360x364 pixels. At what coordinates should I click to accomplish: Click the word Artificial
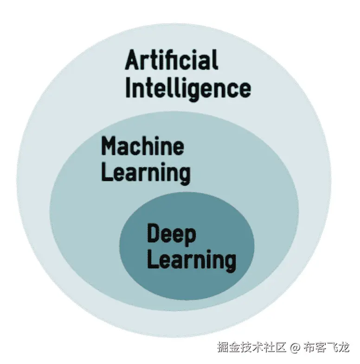(x=171, y=61)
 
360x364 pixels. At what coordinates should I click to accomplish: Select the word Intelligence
(x=188, y=88)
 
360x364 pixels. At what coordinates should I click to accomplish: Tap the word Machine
(x=142, y=147)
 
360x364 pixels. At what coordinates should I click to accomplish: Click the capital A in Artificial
(x=133, y=61)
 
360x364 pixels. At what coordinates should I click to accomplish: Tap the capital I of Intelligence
(x=129, y=87)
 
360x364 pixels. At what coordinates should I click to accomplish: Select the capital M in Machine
(x=109, y=147)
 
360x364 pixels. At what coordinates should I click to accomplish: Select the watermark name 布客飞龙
(x=327, y=347)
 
